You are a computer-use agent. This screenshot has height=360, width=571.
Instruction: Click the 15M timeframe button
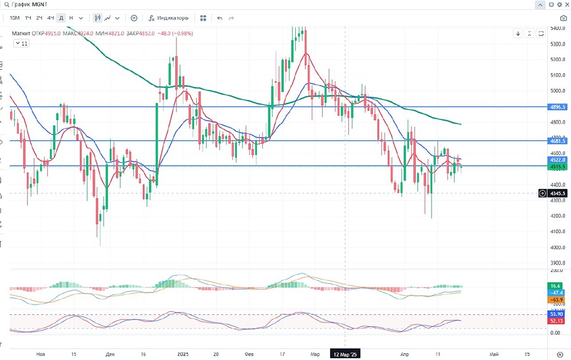pyautogui.click(x=15, y=18)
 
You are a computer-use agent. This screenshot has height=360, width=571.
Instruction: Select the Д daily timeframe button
pyautogui.click(x=62, y=18)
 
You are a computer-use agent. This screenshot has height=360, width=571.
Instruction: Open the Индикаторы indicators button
pyautogui.click(x=169, y=18)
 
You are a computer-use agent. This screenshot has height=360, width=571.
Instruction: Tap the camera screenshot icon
pyautogui.click(x=564, y=18)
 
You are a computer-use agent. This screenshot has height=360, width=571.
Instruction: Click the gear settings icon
pyautogui.click(x=560, y=5)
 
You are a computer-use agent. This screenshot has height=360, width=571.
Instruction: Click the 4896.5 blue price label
pyautogui.click(x=557, y=107)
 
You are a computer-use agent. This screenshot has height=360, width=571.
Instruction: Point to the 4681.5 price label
pyautogui.click(x=557, y=141)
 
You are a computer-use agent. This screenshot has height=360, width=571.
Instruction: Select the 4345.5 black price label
pyautogui.click(x=557, y=193)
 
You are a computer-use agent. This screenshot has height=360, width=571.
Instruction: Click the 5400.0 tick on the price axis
pyautogui.click(x=557, y=28)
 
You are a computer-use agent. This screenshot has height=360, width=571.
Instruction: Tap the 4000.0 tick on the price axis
pyautogui.click(x=557, y=247)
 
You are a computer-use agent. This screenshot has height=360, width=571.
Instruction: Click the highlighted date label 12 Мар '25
pyautogui.click(x=345, y=354)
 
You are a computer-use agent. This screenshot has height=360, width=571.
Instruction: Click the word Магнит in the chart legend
pyautogui.click(x=21, y=33)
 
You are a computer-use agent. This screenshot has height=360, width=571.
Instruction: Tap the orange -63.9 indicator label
pyautogui.click(x=557, y=299)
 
